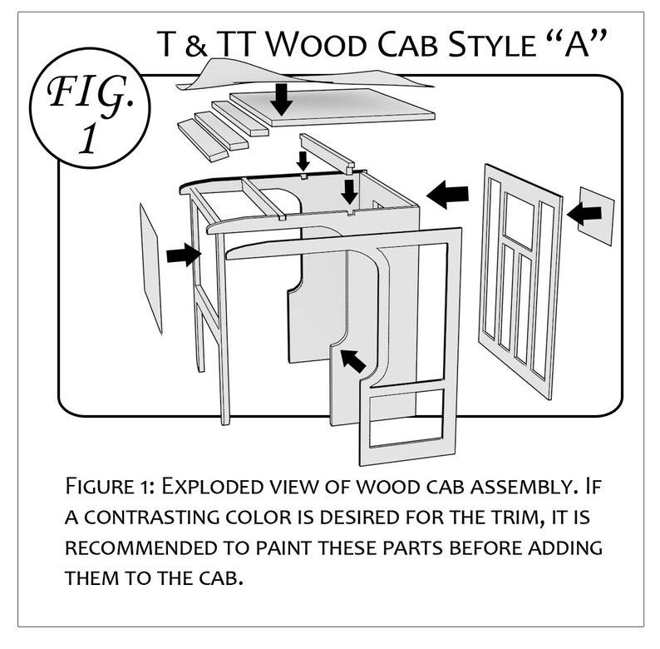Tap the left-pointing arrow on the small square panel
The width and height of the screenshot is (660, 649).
[588, 215]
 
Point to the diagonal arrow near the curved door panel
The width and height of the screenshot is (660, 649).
[352, 359]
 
